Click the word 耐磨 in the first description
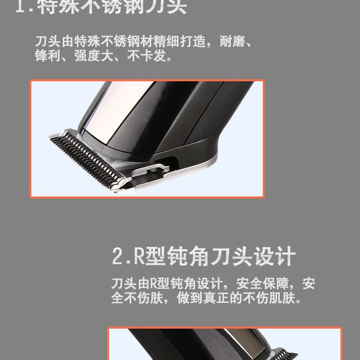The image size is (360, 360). tap(236, 41)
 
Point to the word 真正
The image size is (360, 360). tap(214, 298)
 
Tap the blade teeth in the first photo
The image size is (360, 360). tap(87, 156)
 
